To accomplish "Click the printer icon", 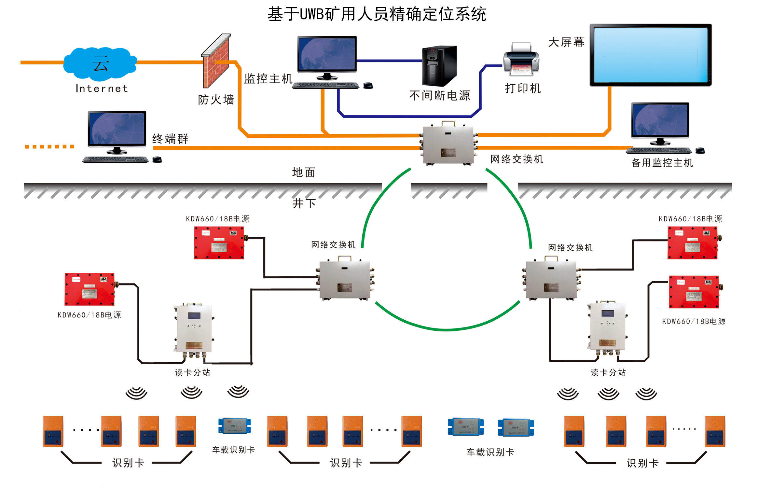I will [521, 60].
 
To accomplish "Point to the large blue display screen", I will [650, 55].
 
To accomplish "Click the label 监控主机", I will [268, 79].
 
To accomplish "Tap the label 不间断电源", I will [439, 95].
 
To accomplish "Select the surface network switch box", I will [448, 145].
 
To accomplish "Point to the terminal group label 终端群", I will [170, 139].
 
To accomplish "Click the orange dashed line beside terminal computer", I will [49, 147].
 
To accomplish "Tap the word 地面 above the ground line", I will [303, 172].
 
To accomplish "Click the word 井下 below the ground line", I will [304, 203].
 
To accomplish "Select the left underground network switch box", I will [345, 279].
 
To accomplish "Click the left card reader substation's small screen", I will [194, 315].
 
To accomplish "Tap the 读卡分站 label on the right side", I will [608, 372].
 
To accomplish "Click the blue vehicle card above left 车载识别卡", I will [234, 426].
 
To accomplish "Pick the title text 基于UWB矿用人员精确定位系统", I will [377, 14].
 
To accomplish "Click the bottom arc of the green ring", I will [447, 329].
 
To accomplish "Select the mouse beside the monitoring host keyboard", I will [368, 86].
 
